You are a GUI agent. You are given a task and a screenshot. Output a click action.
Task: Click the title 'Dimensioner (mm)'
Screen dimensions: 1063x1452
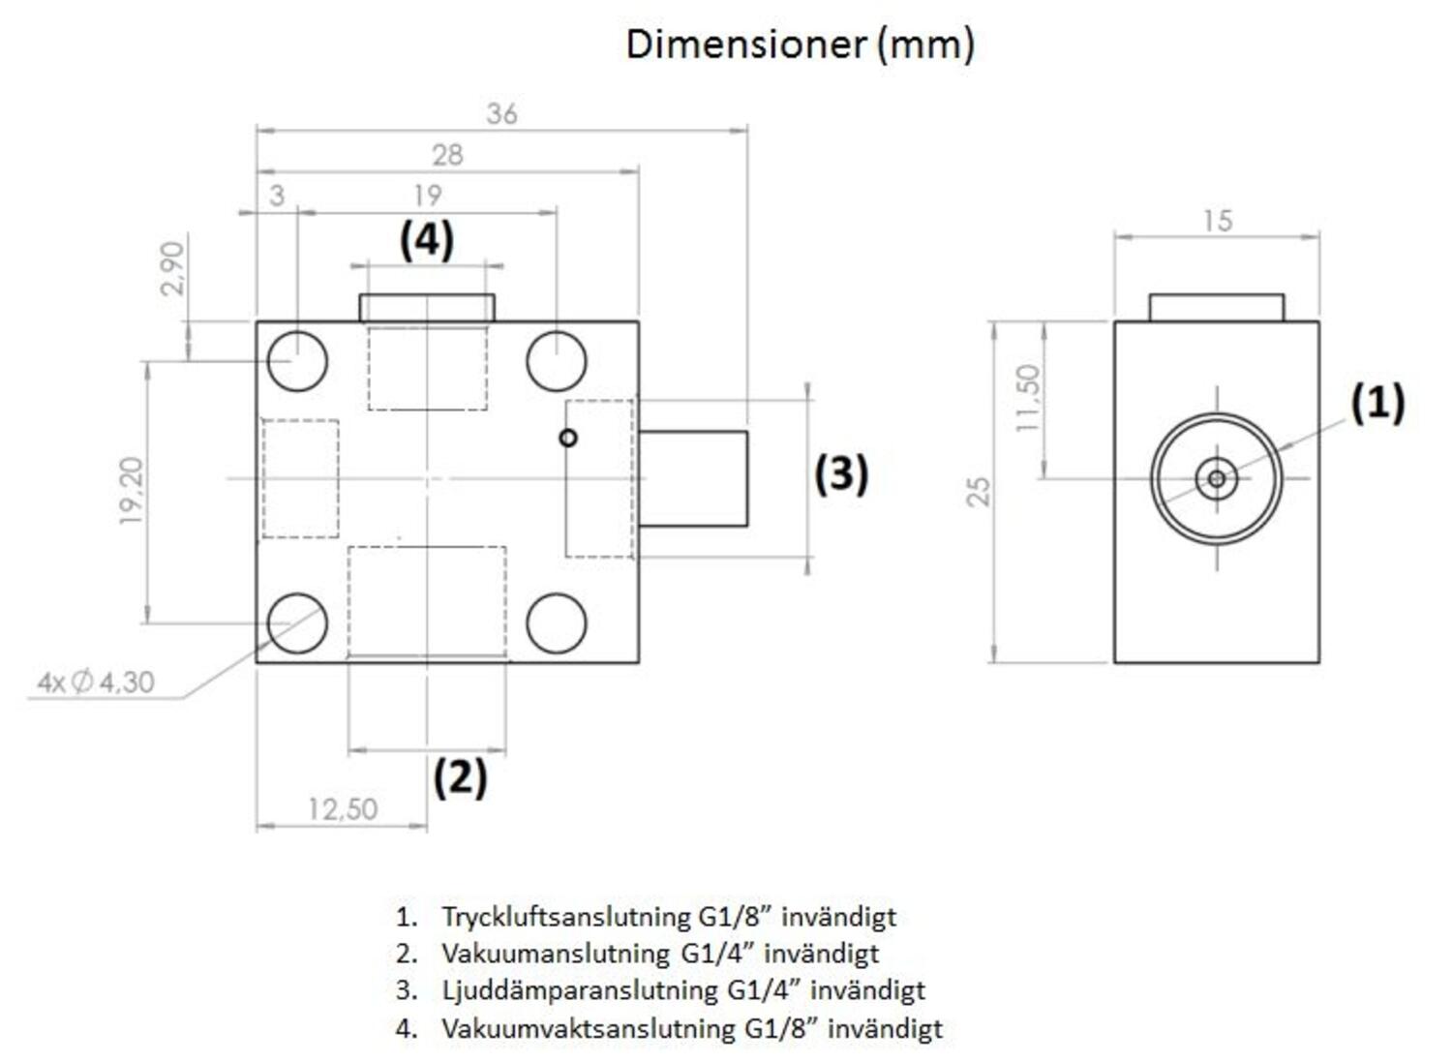pyautogui.click(x=800, y=45)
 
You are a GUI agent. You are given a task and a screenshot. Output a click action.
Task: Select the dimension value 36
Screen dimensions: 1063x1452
pyautogui.click(x=501, y=114)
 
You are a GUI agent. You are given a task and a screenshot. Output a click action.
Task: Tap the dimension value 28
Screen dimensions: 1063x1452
pyautogui.click(x=447, y=155)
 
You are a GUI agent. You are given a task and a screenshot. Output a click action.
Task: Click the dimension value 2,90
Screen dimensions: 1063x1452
pyautogui.click(x=172, y=268)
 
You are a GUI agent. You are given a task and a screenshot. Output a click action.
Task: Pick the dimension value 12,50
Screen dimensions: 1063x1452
pyautogui.click(x=342, y=809)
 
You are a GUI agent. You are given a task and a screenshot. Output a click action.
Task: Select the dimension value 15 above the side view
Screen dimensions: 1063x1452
pyautogui.click(x=1217, y=221)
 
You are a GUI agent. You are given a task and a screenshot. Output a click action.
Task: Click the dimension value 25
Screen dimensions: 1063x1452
pyautogui.click(x=980, y=491)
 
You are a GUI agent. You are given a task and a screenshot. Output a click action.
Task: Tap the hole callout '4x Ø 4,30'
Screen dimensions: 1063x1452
pyautogui.click(x=96, y=683)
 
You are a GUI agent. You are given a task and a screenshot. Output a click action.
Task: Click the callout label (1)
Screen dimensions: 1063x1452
pyautogui.click(x=1377, y=402)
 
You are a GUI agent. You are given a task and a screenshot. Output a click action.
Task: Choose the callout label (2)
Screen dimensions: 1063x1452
pyautogui.click(x=460, y=776)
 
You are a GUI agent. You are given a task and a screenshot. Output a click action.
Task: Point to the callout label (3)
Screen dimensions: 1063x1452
pyautogui.click(x=840, y=473)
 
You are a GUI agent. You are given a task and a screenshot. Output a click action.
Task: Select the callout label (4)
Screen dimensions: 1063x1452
pyautogui.click(x=426, y=239)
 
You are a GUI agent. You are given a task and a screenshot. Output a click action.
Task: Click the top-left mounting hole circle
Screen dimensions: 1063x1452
pyautogui.click(x=297, y=360)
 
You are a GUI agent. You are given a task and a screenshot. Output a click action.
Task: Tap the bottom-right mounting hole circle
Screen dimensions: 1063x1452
pyautogui.click(x=557, y=623)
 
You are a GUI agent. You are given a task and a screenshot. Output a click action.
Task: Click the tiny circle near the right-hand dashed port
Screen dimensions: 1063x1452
pyautogui.click(x=568, y=438)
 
